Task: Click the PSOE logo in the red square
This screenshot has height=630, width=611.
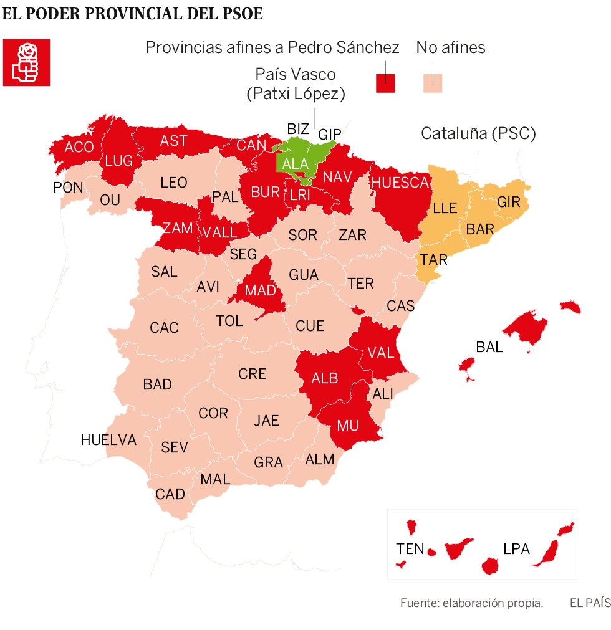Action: click(x=26, y=62)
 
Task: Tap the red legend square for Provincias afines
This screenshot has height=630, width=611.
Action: click(x=386, y=83)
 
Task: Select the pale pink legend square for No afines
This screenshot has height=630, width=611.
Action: click(x=433, y=83)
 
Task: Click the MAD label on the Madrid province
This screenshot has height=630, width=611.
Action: click(x=260, y=290)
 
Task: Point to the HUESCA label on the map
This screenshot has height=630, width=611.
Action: click(x=400, y=183)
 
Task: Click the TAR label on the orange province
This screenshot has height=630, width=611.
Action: click(x=433, y=260)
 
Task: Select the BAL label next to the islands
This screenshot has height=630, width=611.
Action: click(x=489, y=347)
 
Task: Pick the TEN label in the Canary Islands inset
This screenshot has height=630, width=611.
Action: click(x=410, y=549)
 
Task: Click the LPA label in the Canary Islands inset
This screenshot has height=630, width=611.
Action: click(x=516, y=549)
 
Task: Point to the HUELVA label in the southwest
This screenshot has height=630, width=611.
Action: click(x=108, y=440)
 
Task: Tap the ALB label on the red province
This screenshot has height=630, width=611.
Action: click(x=325, y=378)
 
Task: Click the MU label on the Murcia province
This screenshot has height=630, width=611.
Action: click(x=348, y=426)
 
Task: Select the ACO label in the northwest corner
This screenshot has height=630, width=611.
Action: click(x=79, y=147)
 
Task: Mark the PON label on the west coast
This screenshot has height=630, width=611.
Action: click(x=68, y=187)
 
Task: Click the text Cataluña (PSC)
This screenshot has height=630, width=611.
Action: click(x=478, y=133)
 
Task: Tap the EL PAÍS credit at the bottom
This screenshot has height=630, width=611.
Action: click(x=589, y=603)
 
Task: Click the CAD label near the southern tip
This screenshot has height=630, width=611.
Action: click(x=170, y=494)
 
